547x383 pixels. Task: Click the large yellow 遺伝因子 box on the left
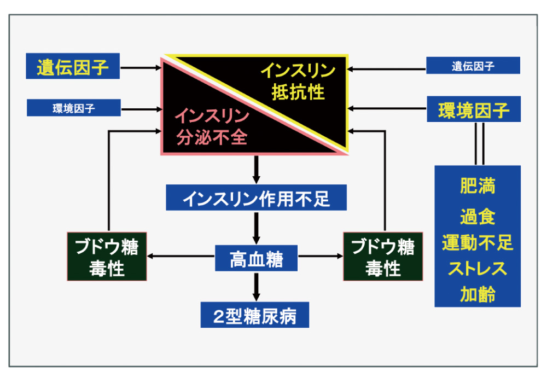(73, 68)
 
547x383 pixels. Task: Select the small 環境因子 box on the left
(74, 108)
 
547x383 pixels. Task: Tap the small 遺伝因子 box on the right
(473, 66)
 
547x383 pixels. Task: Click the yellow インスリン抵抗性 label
(298, 82)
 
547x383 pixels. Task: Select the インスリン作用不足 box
(256, 198)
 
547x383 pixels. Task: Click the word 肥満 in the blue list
(478, 187)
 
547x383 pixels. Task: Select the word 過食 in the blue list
(478, 217)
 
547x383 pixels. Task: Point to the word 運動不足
(478, 242)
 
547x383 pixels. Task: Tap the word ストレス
(478, 269)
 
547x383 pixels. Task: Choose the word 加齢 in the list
(478, 295)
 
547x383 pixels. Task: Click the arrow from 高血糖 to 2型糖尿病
(255, 286)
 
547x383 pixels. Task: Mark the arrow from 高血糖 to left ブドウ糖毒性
(181, 256)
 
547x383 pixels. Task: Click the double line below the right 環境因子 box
(479, 143)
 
